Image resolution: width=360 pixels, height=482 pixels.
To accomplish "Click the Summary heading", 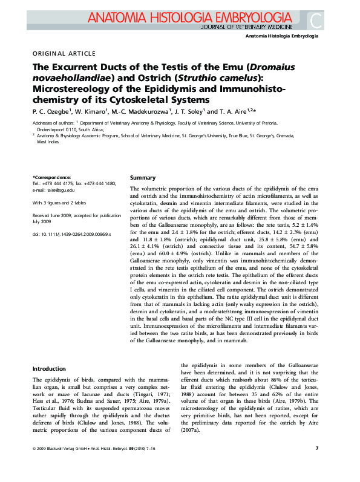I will pyautogui.click(x=143, y=178).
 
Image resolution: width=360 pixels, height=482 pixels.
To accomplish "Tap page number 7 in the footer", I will pyautogui.click(x=318, y=464).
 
